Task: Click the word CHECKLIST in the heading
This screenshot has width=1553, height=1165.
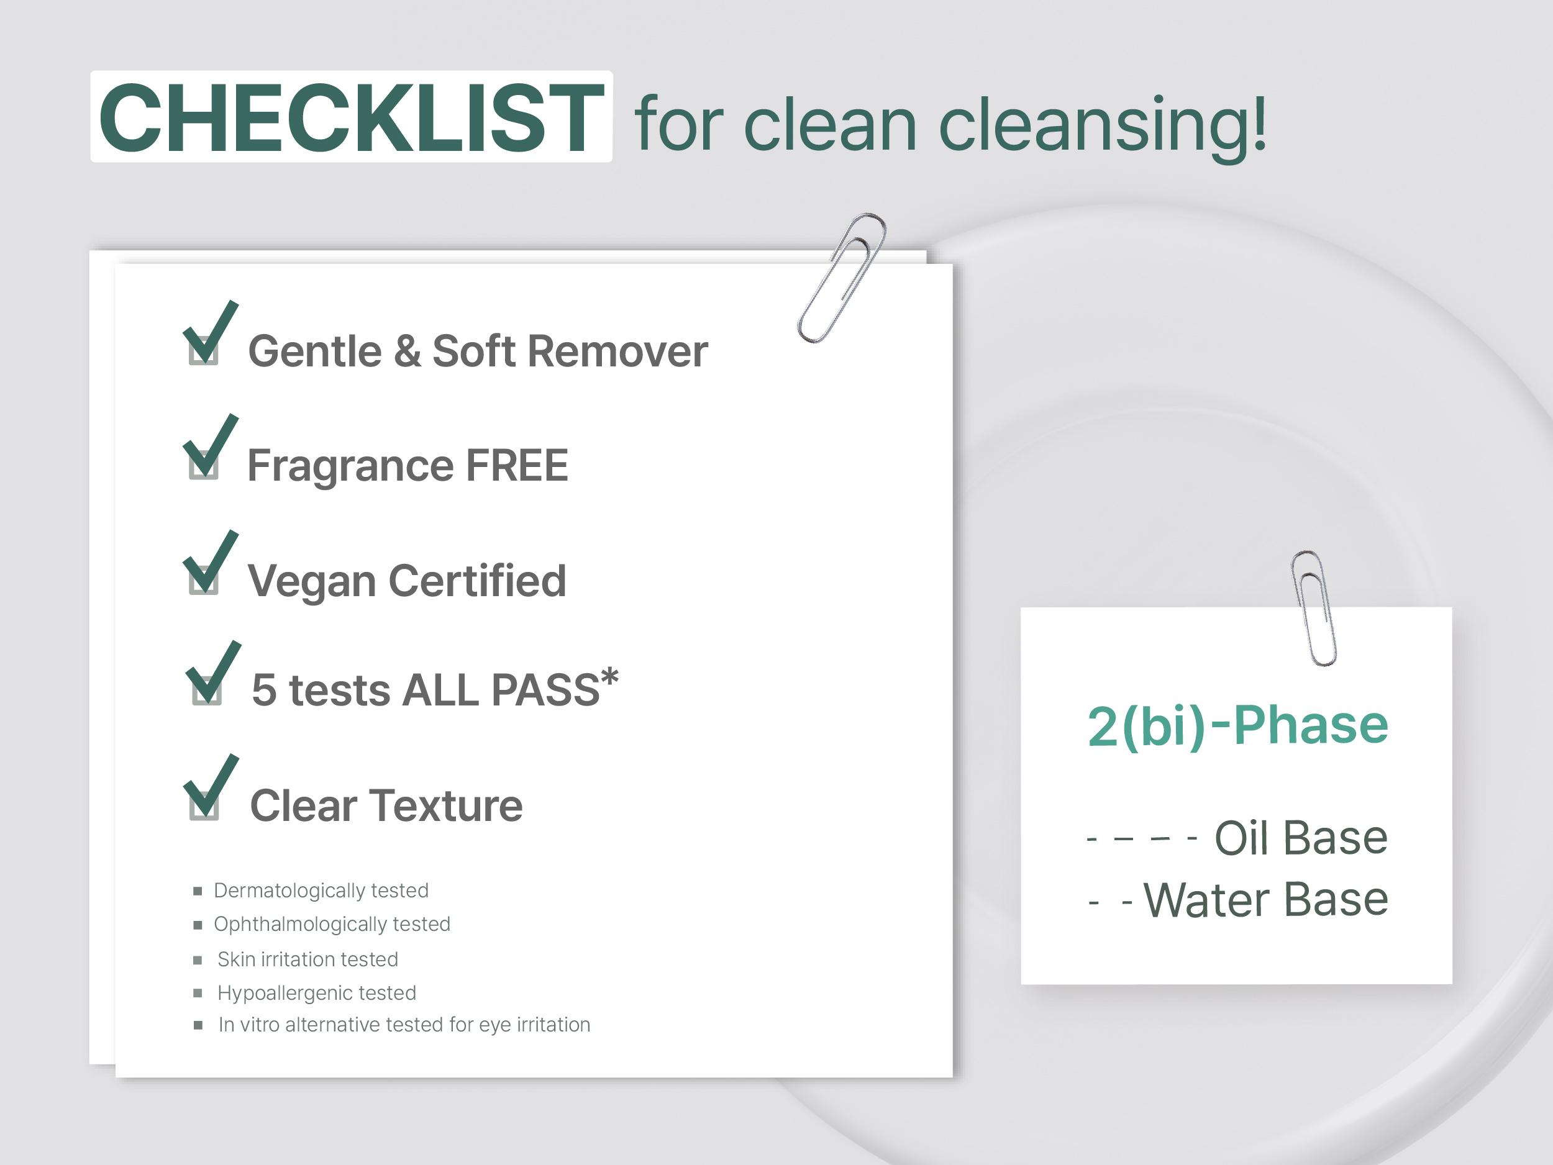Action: (x=351, y=117)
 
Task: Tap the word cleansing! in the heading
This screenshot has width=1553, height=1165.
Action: (x=1103, y=125)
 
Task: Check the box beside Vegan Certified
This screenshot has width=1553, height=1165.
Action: (x=204, y=579)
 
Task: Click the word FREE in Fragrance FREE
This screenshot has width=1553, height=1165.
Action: (x=517, y=465)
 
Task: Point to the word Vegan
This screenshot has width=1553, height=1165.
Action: (x=312, y=582)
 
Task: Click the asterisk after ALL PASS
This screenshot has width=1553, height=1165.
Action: (x=609, y=678)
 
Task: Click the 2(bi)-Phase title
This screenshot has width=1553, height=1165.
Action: (x=1238, y=726)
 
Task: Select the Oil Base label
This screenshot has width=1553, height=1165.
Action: (x=1301, y=838)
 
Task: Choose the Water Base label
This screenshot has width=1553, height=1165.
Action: (x=1266, y=900)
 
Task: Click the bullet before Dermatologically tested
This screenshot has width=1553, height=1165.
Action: (x=198, y=891)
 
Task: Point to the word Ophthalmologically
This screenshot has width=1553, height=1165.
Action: (x=301, y=925)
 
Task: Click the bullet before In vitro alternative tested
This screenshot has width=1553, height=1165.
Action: (x=198, y=1025)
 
